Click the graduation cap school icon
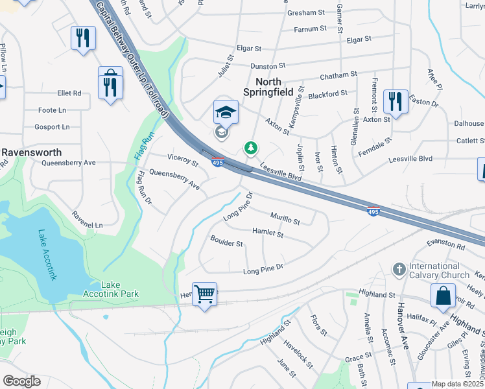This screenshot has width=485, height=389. (x=226, y=113)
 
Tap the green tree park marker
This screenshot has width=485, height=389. (x=250, y=148)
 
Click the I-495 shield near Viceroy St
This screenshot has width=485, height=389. (x=218, y=163)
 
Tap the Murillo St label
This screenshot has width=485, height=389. (x=285, y=221)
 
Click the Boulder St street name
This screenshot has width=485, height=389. (x=226, y=243)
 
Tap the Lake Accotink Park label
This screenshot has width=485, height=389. (x=111, y=289)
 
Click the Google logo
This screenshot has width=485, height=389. (x=21, y=381)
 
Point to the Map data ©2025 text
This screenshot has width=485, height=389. (x=456, y=384)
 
